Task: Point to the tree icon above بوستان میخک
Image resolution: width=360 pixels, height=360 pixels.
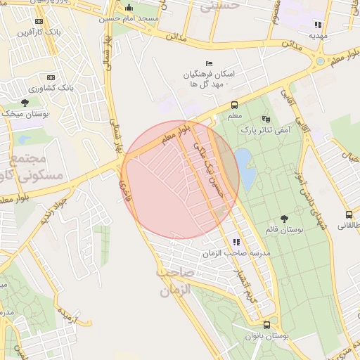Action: coord(25,103)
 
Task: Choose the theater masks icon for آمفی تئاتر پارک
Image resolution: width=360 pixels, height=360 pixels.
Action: coord(265,119)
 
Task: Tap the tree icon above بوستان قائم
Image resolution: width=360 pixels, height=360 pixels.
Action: coord(283,219)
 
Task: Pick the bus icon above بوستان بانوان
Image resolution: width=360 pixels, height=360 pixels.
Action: coord(266,325)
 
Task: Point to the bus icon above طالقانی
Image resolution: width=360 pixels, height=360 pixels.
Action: coord(348,214)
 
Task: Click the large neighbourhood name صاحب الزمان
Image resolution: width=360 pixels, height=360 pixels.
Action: coord(174,280)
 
